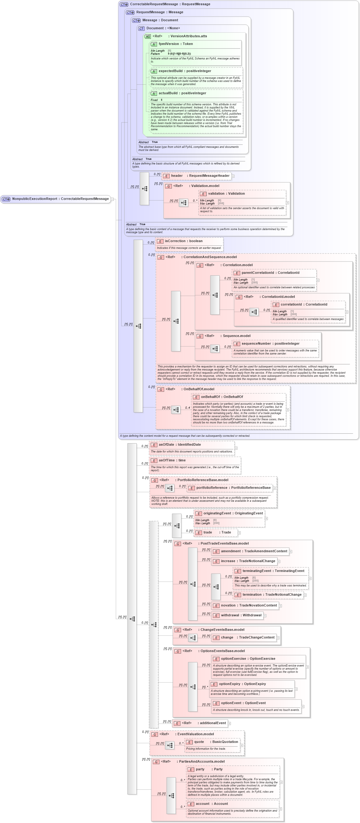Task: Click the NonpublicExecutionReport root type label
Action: [60, 199]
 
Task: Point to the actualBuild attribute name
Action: [182, 93]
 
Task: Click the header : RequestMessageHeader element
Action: [200, 176]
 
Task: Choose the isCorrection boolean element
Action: [183, 241]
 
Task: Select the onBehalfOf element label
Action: [222, 397]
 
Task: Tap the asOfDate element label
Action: [180, 444]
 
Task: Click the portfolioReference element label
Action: [233, 488]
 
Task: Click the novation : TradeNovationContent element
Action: [249, 606]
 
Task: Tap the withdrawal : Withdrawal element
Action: [241, 615]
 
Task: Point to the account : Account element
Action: [212, 804]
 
